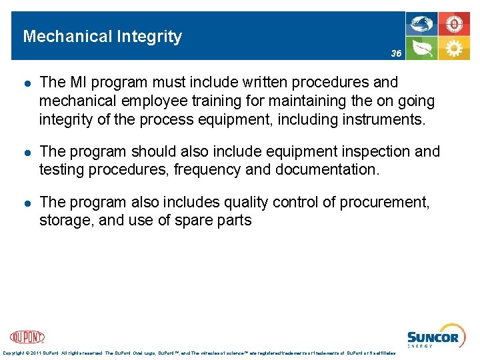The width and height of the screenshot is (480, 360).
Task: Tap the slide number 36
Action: [x=396, y=53]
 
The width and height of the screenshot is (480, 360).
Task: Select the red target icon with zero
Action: [x=454, y=25]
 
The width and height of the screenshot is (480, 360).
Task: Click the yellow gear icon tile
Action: [x=454, y=49]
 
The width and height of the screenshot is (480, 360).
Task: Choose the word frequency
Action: [x=207, y=171]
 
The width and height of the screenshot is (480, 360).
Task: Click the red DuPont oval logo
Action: [x=27, y=337]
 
